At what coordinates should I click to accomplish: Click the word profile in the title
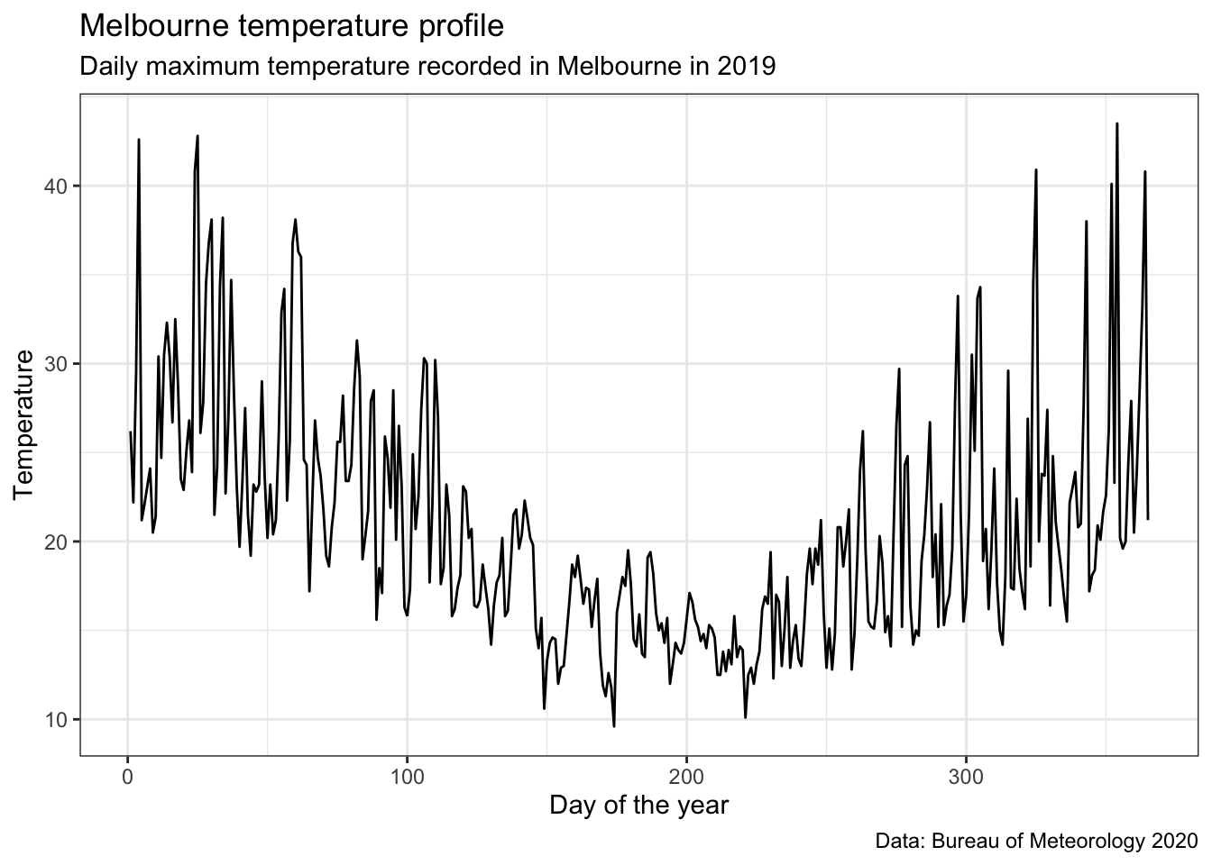pyautogui.click(x=455, y=26)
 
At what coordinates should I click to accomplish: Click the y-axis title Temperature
pyautogui.click(x=24, y=425)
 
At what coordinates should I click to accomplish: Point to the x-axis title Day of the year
pyautogui.click(x=638, y=805)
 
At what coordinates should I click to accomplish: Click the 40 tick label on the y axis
pyautogui.click(x=57, y=186)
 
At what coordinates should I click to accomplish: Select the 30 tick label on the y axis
pyautogui.click(x=57, y=363)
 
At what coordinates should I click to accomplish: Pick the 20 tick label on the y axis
pyautogui.click(x=57, y=542)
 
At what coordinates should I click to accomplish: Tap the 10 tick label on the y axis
pyautogui.click(x=57, y=719)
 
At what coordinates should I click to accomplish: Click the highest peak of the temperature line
pyautogui.click(x=1116, y=124)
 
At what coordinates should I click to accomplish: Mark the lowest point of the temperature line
pyautogui.click(x=614, y=726)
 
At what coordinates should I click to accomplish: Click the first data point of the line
pyautogui.click(x=130, y=432)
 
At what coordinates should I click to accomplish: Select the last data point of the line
pyautogui.click(x=1147, y=518)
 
